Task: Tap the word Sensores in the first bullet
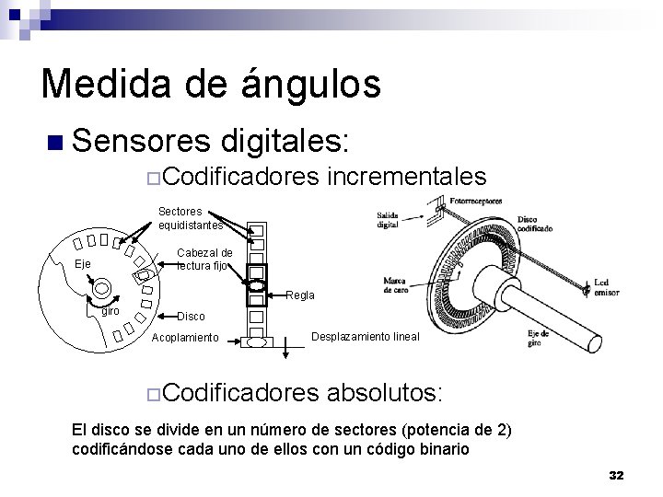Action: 137,142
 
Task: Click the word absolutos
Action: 386,394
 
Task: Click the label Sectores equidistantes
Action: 190,218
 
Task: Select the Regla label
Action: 300,295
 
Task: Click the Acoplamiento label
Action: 185,338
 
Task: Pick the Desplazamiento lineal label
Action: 366,337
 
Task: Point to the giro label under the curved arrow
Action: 110,311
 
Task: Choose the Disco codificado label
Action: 535,225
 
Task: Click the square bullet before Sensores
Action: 54,143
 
